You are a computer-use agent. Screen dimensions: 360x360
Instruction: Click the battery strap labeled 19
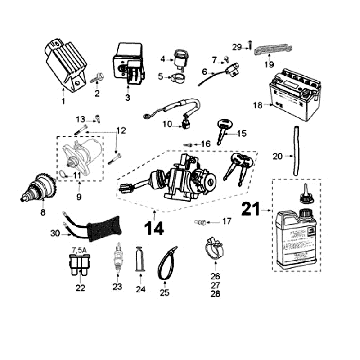click(x=268, y=50)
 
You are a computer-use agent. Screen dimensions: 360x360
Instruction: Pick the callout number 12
click(x=122, y=131)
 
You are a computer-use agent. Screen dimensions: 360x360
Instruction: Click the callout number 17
click(x=226, y=221)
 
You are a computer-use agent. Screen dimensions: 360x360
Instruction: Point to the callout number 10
click(x=169, y=124)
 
